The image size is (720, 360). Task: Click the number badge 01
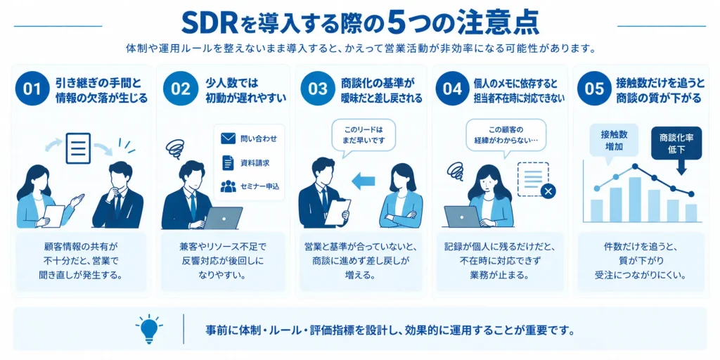tap(33, 89)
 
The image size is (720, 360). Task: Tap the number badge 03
tap(318, 89)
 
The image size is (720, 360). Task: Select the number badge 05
tap(595, 89)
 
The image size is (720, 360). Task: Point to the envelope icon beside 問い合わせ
tap(228, 139)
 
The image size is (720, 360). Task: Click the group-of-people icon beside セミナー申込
tap(228, 186)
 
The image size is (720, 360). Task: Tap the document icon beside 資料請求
tap(228, 162)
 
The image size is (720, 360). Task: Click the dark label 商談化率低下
tap(676, 143)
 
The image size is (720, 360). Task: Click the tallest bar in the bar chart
tap(635, 199)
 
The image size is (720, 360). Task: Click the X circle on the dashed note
tap(548, 191)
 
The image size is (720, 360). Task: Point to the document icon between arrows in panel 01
tap(78, 148)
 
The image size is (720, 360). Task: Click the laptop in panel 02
tap(223, 218)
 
